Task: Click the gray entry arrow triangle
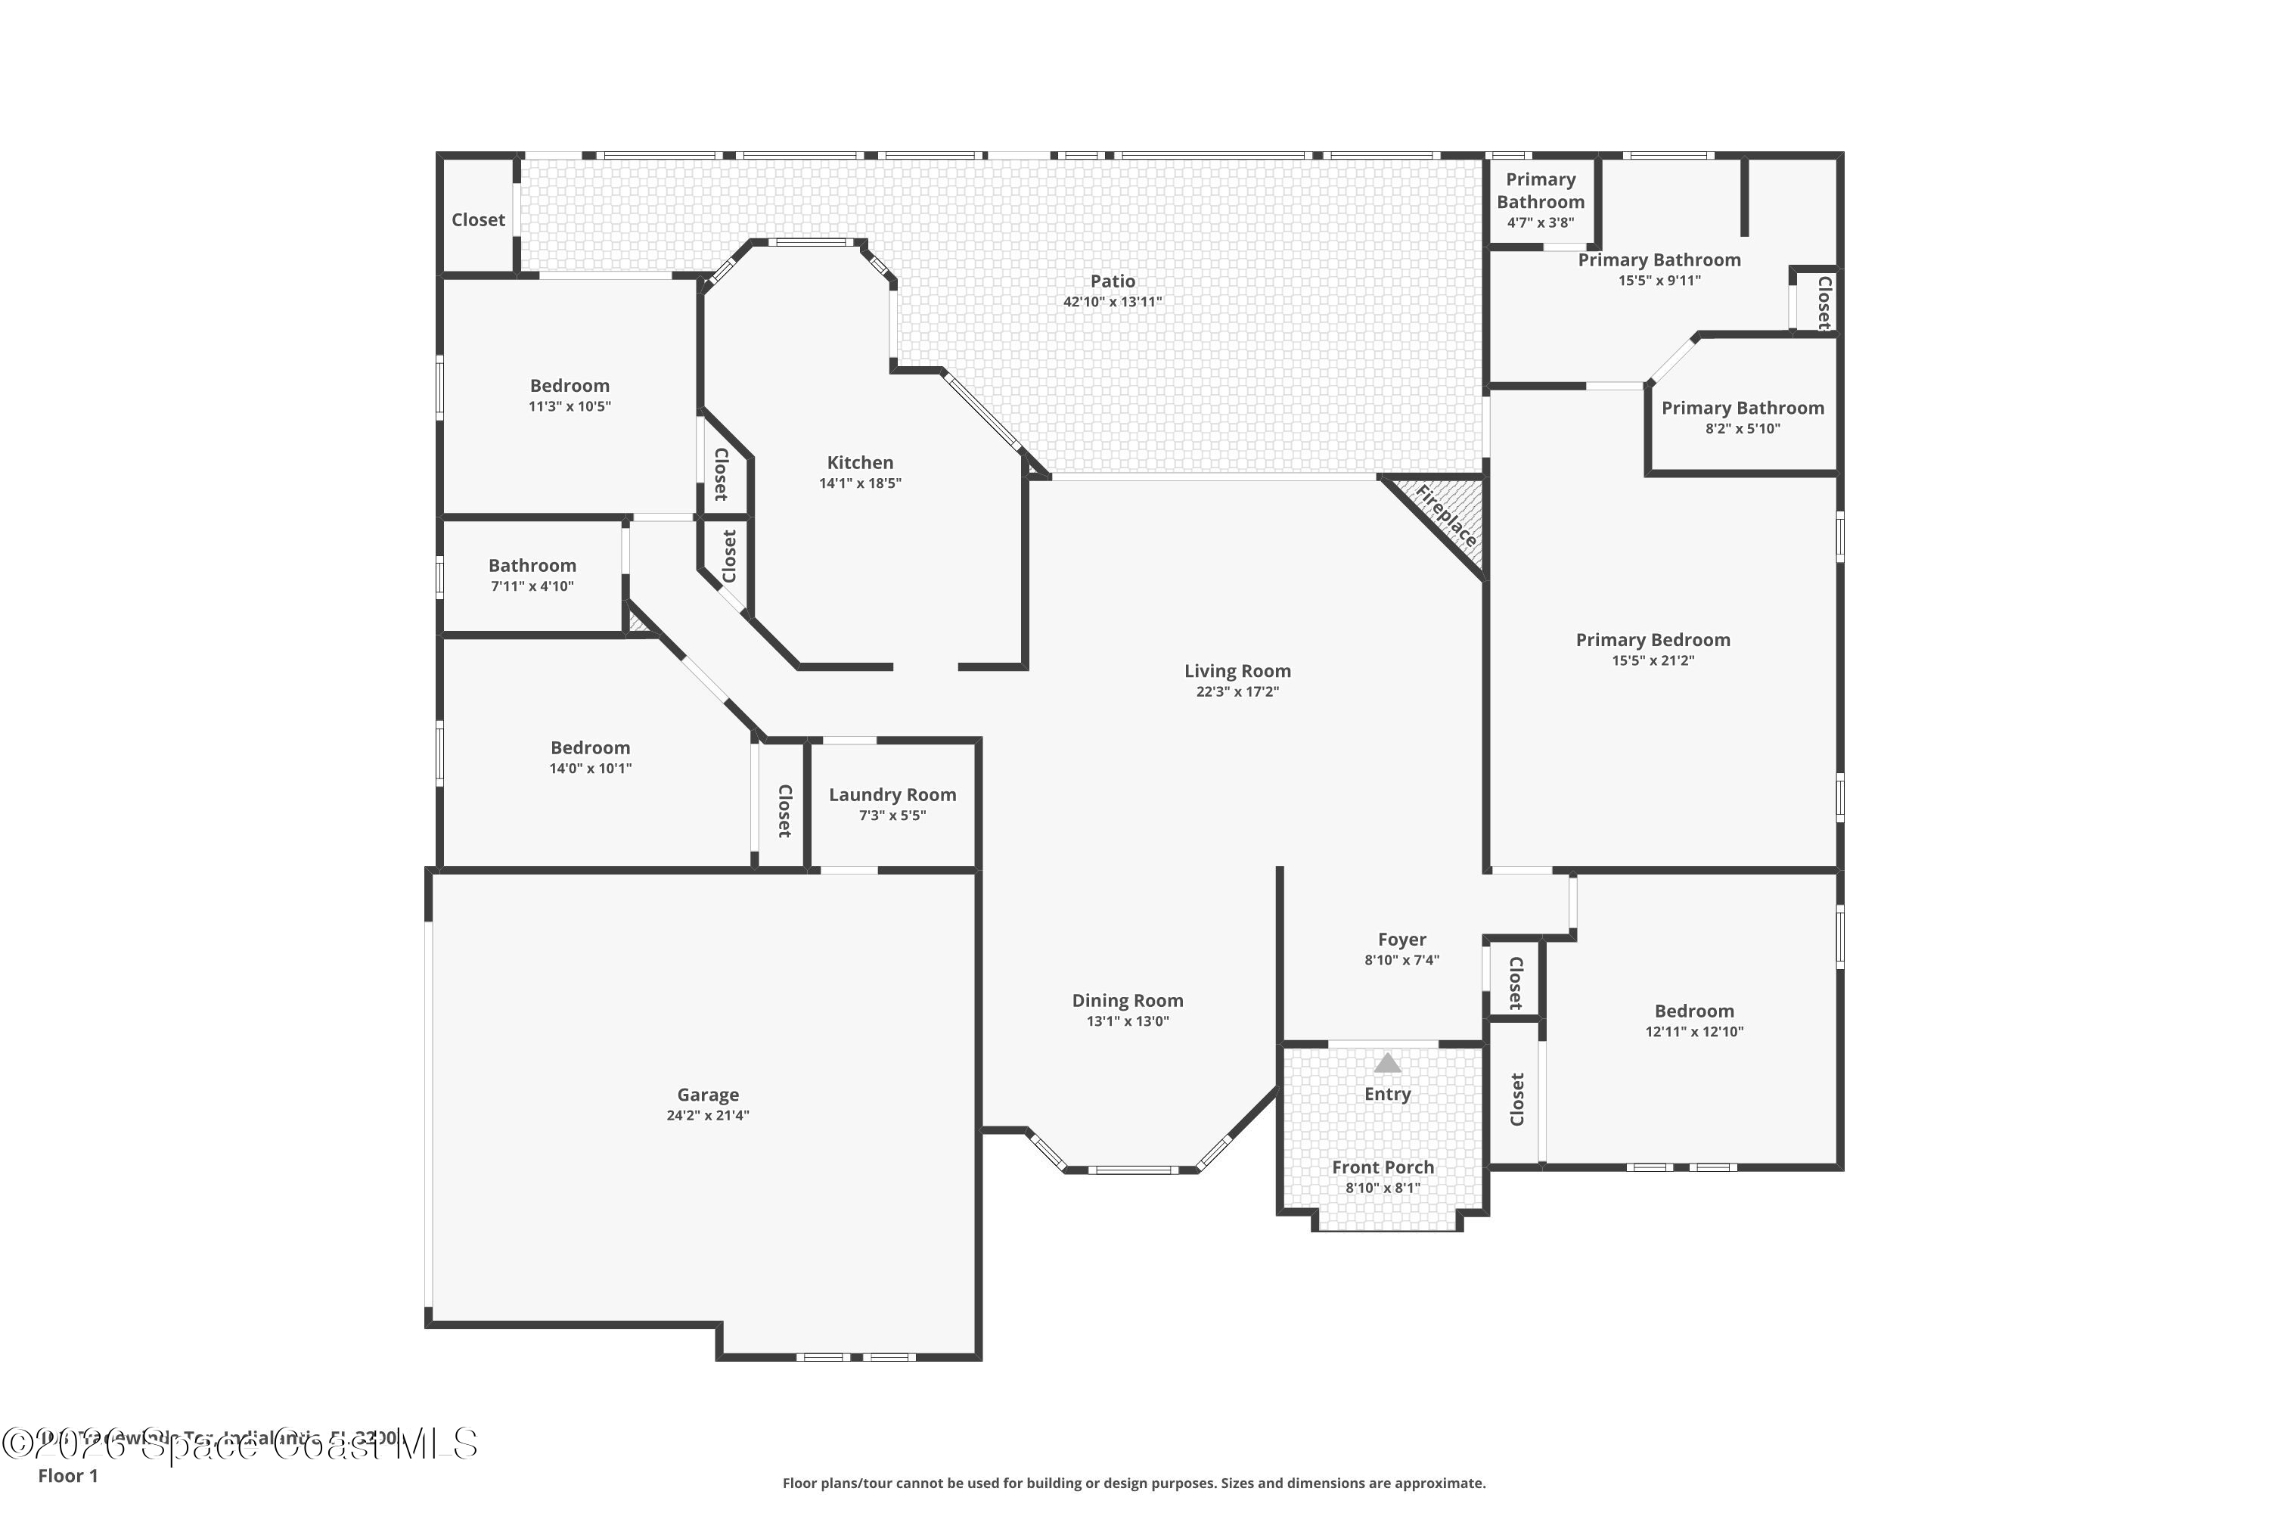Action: [1387, 1064]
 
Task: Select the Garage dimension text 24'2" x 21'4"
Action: [707, 1115]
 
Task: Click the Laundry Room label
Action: [892, 795]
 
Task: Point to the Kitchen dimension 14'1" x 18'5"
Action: [859, 483]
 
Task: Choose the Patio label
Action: [1113, 281]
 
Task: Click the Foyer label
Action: [1401, 940]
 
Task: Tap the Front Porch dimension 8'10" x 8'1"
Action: [1383, 1188]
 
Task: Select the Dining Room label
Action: [1127, 1001]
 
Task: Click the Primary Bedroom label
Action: [1653, 640]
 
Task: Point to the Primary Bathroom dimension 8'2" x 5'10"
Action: [1743, 428]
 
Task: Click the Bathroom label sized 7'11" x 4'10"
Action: [532, 565]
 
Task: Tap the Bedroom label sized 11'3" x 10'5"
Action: [570, 386]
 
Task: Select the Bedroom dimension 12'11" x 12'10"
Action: [1694, 1032]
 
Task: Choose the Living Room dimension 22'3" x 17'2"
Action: [1237, 692]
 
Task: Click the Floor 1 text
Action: [67, 1475]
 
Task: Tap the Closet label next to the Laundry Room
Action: [784, 810]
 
